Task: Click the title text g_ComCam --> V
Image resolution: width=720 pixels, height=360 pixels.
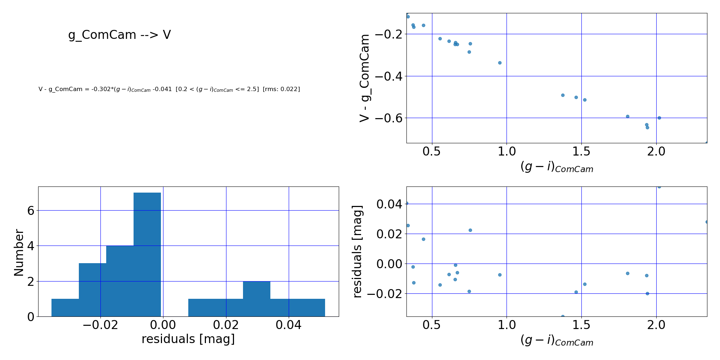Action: (x=120, y=35)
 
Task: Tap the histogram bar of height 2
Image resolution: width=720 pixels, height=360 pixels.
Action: (x=257, y=299)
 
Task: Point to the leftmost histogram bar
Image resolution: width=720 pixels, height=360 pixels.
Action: (x=65, y=307)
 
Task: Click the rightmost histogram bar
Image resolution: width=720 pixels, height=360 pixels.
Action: (x=311, y=307)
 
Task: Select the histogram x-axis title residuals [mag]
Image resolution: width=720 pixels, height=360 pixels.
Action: (x=188, y=339)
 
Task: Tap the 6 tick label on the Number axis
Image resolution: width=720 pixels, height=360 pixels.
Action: (x=31, y=211)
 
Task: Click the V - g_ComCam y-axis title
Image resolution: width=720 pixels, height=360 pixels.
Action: (x=364, y=78)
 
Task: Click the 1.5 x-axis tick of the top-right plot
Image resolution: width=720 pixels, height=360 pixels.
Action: (x=581, y=152)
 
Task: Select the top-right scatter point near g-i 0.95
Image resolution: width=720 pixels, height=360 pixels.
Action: (x=500, y=63)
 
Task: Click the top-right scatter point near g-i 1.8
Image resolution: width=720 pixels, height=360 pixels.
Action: (x=627, y=116)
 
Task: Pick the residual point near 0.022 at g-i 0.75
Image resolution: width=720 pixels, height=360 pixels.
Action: (x=470, y=230)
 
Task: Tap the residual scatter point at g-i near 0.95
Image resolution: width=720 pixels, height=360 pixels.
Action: (x=500, y=275)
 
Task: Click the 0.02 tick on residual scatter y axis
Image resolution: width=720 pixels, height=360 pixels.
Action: (x=389, y=234)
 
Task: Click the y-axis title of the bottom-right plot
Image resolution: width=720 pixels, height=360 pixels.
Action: (x=357, y=252)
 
